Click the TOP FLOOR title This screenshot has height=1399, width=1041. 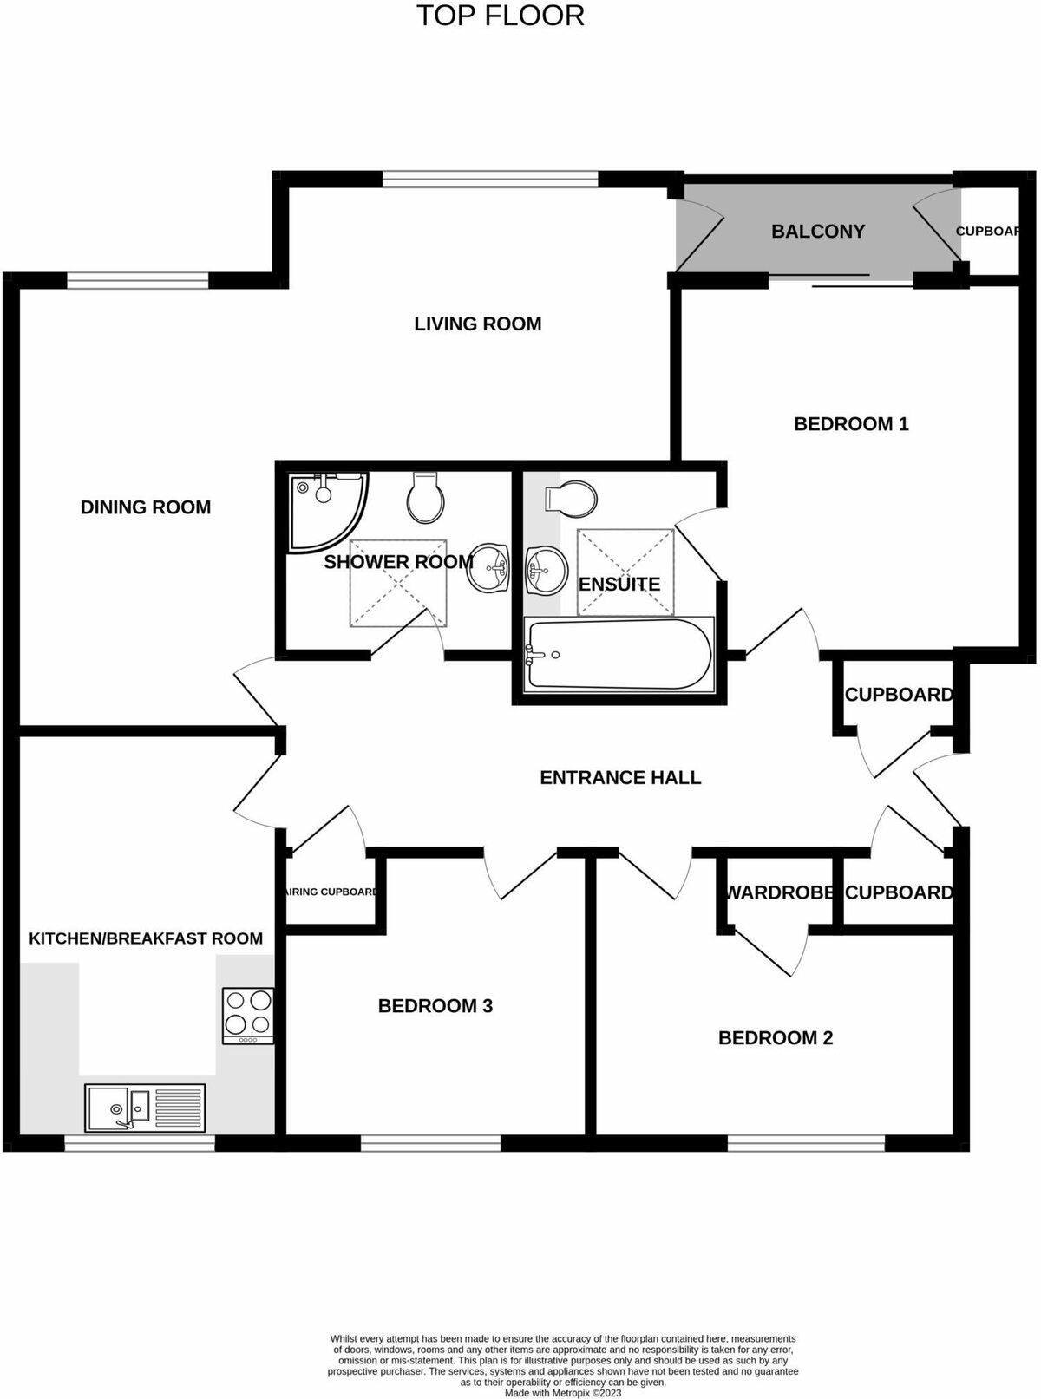pos(501,16)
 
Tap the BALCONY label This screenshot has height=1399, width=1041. pos(817,232)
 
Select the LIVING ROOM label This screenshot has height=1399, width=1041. pos(477,324)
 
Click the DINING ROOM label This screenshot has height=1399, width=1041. pos(146,507)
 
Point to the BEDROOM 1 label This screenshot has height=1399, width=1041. pos(851,424)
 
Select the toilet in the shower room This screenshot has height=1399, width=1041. pos(426,499)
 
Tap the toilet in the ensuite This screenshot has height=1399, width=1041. pos(572,498)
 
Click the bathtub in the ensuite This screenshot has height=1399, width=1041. pos(619,655)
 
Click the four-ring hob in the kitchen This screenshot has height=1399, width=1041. pos(248,1016)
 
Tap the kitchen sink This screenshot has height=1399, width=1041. pos(144,1108)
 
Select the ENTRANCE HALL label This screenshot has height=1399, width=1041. pos(620,777)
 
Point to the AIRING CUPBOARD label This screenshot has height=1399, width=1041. pos(331,892)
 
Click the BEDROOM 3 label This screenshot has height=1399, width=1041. pos(435,1006)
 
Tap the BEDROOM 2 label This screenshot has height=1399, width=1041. pos(776,1038)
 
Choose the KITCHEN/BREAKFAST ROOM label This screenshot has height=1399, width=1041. pos(146,938)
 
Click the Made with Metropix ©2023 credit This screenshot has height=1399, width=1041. pos(563,1393)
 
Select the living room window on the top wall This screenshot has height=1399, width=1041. pos(490,179)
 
